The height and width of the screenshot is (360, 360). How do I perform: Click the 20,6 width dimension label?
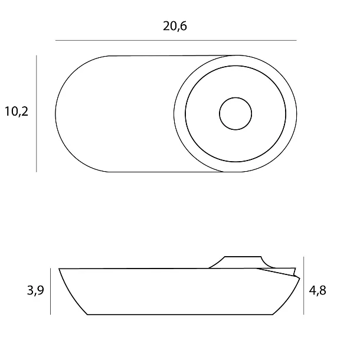[175, 26]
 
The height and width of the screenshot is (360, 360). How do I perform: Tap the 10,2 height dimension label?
[17, 112]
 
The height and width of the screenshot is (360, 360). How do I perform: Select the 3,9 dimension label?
[35, 290]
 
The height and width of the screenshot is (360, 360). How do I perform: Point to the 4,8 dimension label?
[318, 291]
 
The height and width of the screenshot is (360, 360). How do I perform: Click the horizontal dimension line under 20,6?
[176, 40]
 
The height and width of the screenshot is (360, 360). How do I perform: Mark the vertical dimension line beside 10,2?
[36, 113]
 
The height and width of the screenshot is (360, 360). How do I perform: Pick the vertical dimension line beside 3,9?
[51, 291]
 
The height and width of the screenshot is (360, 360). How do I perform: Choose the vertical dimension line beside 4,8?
[304, 286]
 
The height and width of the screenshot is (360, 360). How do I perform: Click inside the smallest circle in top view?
[235, 114]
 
